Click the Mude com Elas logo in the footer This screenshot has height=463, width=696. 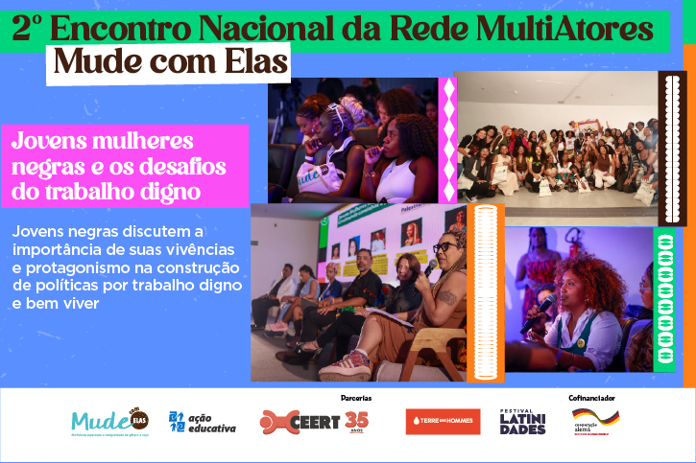click(109, 422)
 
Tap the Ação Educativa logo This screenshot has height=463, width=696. click(202, 422)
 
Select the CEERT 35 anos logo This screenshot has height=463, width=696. click(314, 421)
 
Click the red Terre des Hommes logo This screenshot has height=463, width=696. click(443, 422)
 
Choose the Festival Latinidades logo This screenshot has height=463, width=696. click(522, 421)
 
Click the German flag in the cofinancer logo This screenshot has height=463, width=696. click(595, 415)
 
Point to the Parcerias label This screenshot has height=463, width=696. click(356, 397)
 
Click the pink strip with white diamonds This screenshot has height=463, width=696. click(446, 140)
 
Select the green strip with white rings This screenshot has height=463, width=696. click(663, 298)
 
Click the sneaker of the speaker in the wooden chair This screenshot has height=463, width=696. click(347, 365)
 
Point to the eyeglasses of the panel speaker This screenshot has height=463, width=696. click(444, 247)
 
